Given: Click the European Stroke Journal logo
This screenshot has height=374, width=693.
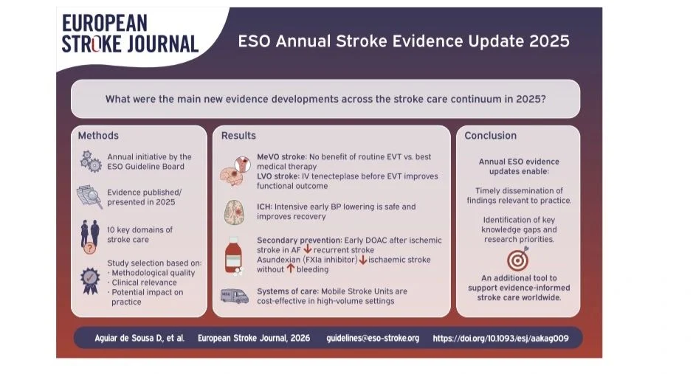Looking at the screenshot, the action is tap(130, 33).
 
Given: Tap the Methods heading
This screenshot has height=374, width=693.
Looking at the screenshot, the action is tap(98, 136).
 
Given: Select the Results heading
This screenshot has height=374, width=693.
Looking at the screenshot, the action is tap(238, 136).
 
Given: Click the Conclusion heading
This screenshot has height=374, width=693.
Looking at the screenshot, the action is tap(490, 136).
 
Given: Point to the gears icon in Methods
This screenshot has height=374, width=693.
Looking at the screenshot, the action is tap(91, 161).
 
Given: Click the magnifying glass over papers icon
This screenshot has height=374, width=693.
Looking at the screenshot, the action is tap(90, 196).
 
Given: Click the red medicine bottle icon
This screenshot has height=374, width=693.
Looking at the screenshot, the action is tap(233, 255).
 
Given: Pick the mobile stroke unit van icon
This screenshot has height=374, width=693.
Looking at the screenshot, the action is tap(235, 296).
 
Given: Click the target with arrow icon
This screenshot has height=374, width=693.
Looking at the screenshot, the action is tap(518, 259).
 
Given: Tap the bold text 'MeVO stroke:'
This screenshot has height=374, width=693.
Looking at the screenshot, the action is tap(281, 156).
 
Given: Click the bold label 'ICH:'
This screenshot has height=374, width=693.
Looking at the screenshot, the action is tap(264, 207).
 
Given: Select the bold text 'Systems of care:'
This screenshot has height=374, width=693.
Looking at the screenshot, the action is tap(288, 291).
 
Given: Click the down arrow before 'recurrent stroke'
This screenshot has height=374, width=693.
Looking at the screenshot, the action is tap(308, 249).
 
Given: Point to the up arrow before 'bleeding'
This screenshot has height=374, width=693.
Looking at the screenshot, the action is tap(290, 268).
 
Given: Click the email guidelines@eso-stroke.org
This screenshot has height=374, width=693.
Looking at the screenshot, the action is tap(373, 339).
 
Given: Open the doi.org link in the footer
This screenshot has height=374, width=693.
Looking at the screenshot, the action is tap(500, 339).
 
